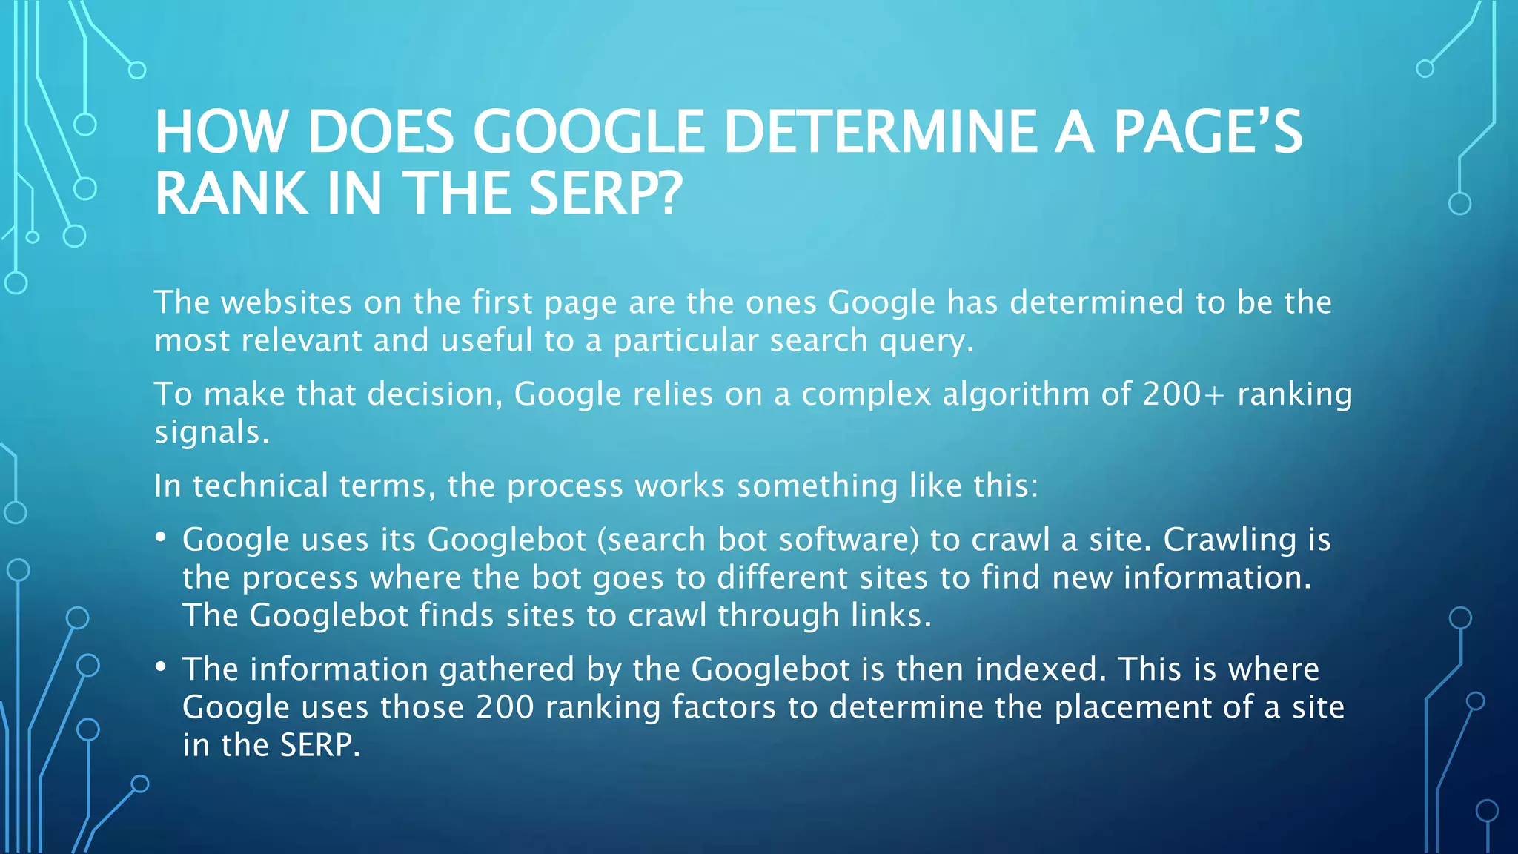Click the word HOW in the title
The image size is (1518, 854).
[220, 132]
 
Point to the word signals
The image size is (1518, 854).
[211, 432]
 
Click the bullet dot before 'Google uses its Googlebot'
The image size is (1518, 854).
[161, 537]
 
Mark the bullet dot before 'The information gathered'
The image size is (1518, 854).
[161, 666]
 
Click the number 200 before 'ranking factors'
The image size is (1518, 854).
[505, 707]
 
